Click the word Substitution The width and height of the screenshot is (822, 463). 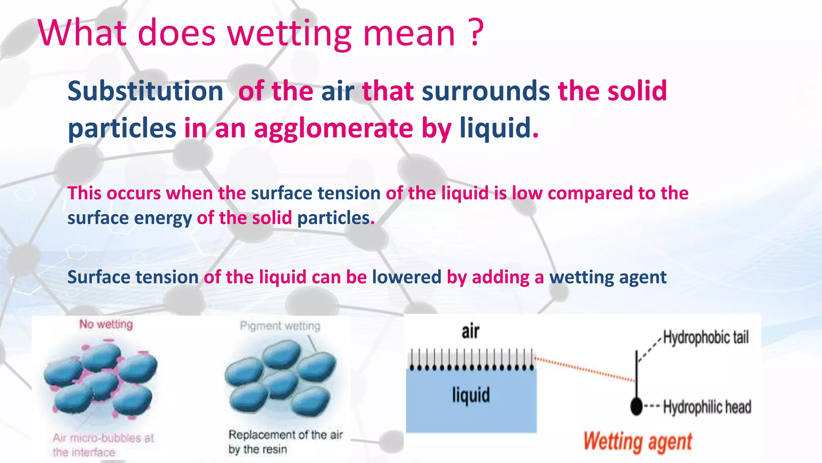click(145, 91)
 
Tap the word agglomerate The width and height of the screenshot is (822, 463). click(333, 128)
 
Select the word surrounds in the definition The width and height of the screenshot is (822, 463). click(485, 91)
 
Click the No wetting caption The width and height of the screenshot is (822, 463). click(106, 324)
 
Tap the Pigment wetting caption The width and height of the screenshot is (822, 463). click(280, 326)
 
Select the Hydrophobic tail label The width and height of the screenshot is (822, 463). click(706, 337)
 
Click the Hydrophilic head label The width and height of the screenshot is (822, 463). click(707, 407)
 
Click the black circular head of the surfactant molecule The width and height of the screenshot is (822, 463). click(637, 406)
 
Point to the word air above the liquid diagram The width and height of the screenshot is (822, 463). click(470, 331)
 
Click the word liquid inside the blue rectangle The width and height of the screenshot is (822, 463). click(471, 395)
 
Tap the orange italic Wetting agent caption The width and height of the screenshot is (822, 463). click(637, 441)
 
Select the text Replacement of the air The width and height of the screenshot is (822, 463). click(285, 434)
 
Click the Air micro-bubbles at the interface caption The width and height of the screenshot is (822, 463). click(103, 445)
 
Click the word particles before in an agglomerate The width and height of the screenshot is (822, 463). click(122, 128)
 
